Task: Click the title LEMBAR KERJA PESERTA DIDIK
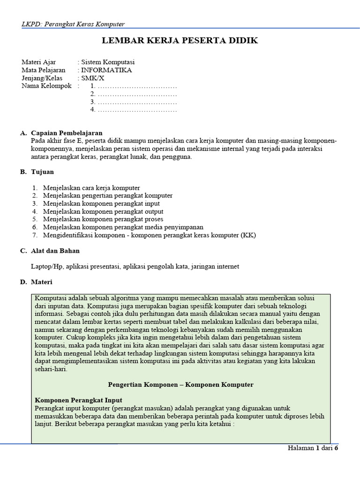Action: (180, 41)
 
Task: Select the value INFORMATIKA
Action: (106, 70)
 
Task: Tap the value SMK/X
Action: (93, 78)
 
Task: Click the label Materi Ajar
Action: (39, 62)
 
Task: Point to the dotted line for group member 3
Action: (137, 102)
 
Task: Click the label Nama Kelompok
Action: (46, 86)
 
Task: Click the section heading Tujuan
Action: (42, 172)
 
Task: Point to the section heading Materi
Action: (42, 282)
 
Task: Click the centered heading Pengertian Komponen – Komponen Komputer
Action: (180, 384)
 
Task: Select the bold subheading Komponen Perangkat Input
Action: (79, 400)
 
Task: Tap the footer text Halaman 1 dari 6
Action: (312, 448)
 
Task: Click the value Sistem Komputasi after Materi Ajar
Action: (108, 62)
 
